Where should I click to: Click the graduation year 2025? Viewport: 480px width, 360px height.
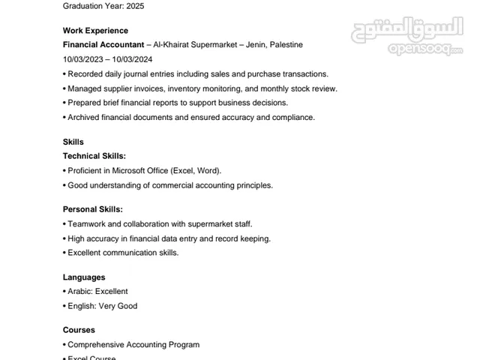[x=134, y=6]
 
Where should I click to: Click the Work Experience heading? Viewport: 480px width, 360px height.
[x=95, y=31]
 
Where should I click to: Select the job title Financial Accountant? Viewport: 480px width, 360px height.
[x=103, y=45]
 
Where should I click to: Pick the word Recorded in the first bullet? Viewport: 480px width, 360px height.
[x=87, y=74]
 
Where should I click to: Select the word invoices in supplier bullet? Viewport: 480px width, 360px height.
[x=155, y=88]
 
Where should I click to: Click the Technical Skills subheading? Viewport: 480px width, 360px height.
[x=94, y=156]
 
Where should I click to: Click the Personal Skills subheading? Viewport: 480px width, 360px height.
[x=93, y=209]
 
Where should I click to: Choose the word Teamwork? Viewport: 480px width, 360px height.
[x=88, y=224]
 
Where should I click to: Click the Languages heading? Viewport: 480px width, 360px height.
[x=84, y=277]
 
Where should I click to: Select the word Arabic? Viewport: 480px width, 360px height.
[x=79, y=292]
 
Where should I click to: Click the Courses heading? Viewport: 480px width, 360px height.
[x=79, y=330]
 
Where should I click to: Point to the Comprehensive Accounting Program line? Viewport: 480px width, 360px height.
[x=133, y=345]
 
